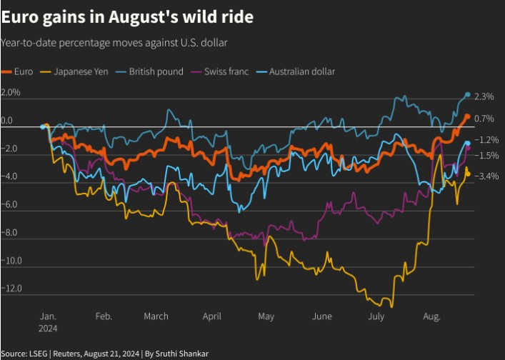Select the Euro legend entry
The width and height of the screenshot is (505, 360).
19,71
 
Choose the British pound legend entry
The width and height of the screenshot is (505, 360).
149,71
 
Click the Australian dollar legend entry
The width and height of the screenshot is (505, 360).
296,71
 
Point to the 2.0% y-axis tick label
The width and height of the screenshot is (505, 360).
11,93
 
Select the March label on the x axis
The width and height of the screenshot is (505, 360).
156,316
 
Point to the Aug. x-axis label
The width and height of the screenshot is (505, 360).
431,316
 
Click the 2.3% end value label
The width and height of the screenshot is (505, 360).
484,96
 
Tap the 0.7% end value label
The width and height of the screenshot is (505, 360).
484,119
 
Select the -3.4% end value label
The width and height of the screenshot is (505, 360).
487,176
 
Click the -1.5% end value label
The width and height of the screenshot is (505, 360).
487,156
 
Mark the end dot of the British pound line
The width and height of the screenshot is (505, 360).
468,95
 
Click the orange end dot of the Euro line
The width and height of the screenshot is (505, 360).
467,116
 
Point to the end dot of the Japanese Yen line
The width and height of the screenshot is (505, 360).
468,172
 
